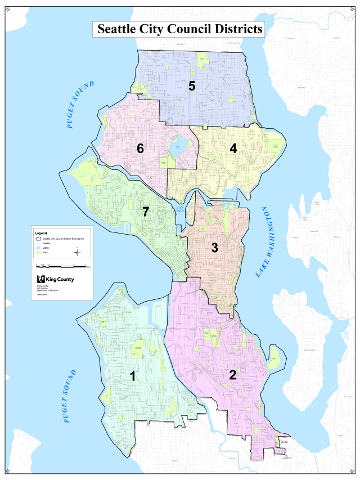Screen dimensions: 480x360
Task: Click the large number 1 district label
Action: point(133,376)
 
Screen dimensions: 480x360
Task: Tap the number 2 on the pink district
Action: point(232,375)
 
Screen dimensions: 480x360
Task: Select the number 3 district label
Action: point(214,247)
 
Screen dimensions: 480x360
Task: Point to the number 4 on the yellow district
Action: point(232,149)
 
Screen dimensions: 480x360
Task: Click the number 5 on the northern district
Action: point(192,86)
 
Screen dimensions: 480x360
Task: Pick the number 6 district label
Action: point(140,149)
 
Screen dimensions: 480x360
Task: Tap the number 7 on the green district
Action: point(145,212)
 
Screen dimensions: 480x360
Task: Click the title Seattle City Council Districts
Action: point(179,29)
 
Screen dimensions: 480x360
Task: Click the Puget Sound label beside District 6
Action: point(80,105)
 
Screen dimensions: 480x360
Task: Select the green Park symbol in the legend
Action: point(39,253)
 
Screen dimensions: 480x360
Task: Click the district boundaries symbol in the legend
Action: point(39,239)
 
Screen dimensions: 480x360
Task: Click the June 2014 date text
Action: point(42,294)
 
